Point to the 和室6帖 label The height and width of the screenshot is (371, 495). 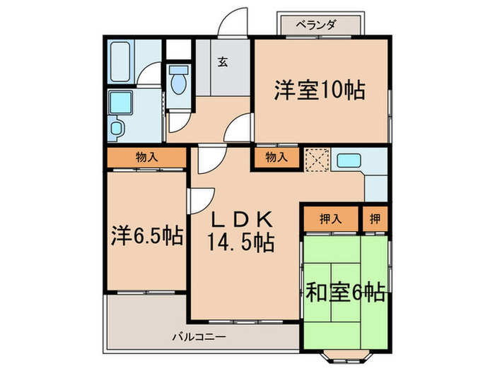click(345, 291)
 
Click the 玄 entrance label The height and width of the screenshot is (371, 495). click(222, 62)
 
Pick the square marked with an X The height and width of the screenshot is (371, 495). click(315, 160)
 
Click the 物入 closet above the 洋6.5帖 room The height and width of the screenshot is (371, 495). click(147, 158)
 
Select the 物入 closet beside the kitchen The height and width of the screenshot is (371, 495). click(276, 158)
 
